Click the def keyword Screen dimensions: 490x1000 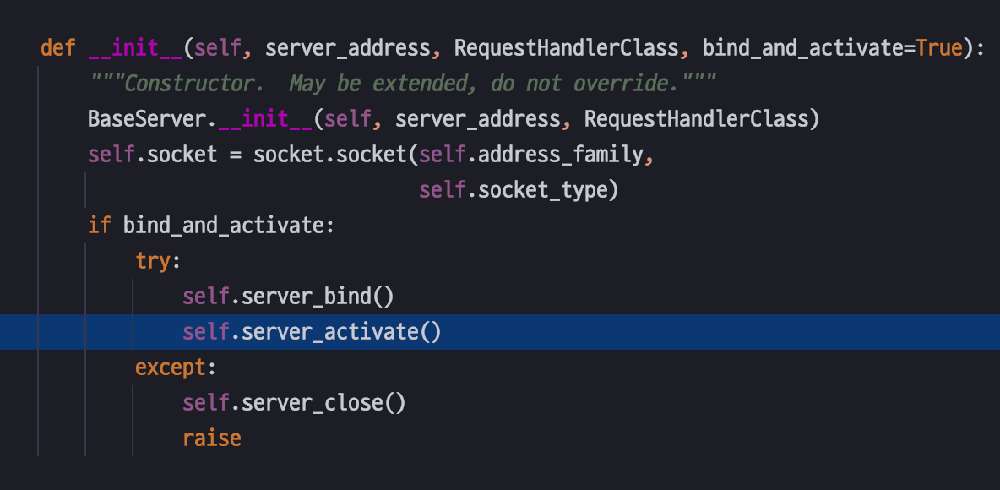coord(57,48)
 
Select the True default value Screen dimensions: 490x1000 coord(939,48)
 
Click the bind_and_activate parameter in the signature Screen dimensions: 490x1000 coord(802,48)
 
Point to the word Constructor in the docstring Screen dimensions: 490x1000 coord(194,84)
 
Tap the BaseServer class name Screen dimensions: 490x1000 coord(147,119)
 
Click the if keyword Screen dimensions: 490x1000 coord(100,226)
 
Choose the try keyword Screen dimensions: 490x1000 coord(153,261)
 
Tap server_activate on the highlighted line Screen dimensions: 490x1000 coord(335,332)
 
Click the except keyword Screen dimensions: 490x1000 coord(171,367)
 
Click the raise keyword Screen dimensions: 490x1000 coord(212,438)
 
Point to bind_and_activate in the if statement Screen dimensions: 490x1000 coord(223,226)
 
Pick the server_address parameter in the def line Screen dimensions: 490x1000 coord(348,48)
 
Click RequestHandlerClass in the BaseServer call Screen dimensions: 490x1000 coord(696,119)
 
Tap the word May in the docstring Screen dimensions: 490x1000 coord(306,84)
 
